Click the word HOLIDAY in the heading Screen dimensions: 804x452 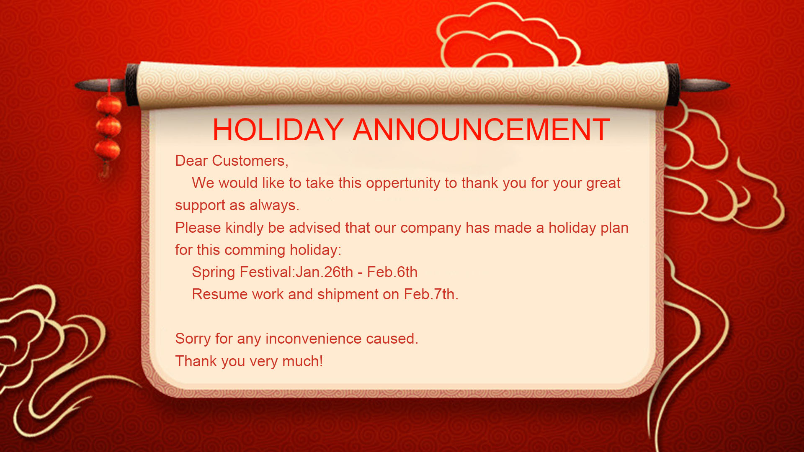[278, 130]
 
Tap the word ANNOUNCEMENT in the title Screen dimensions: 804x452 [482, 130]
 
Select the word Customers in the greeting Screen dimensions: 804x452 [250, 161]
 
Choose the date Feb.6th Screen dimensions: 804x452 [392, 272]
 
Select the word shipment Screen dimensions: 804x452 [348, 295]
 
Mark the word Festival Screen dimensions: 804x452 [266, 272]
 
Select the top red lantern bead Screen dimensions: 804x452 [109, 105]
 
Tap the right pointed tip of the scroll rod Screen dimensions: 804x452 [729, 85]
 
